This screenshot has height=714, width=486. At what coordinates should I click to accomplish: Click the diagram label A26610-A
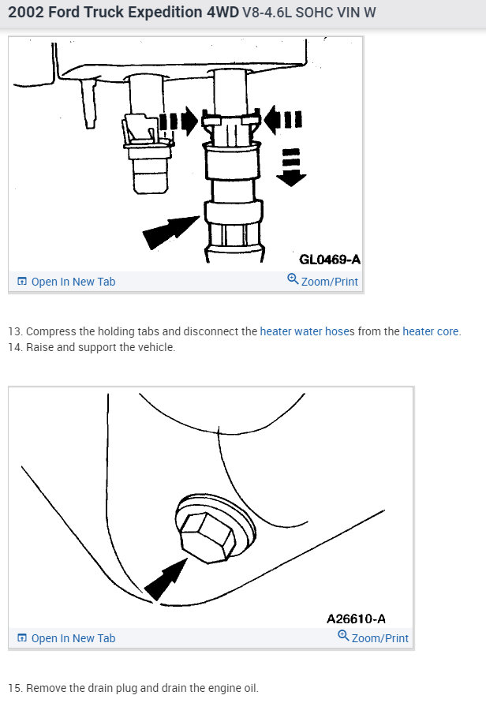pyautogui.click(x=356, y=619)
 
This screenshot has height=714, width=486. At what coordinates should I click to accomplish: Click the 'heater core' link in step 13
pyautogui.click(x=431, y=331)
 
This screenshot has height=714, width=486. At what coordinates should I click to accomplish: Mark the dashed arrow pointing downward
pyautogui.click(x=291, y=166)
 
